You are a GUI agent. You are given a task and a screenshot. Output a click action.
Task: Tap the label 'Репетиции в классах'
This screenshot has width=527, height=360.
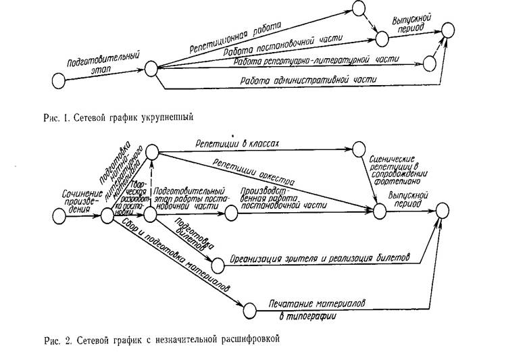pos(237,143)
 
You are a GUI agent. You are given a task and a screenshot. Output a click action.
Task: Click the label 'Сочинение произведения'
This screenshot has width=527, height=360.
pos(73,198)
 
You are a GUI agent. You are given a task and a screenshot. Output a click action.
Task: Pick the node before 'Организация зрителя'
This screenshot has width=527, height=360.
pos(218,264)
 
